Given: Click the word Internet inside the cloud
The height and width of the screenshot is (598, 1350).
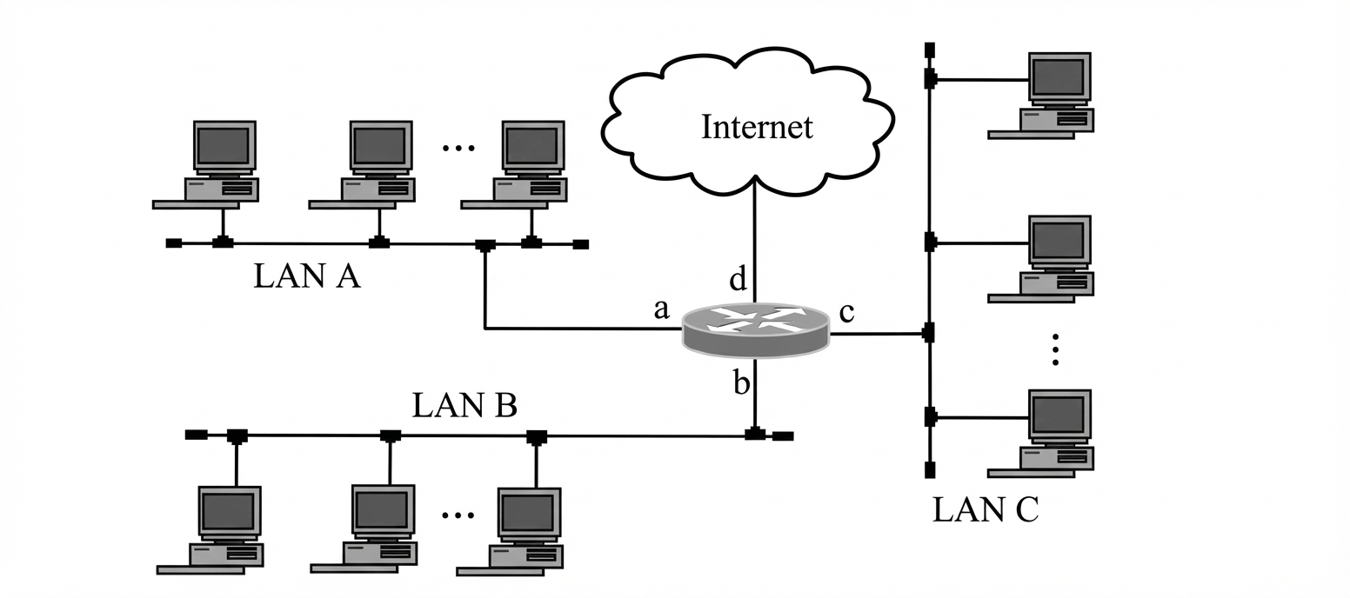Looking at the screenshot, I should click(x=757, y=127).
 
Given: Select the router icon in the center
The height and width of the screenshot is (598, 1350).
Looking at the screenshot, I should click(x=755, y=329).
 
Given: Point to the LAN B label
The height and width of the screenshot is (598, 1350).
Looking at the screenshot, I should click(x=464, y=405).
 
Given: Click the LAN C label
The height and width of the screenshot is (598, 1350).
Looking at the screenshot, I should click(x=985, y=509).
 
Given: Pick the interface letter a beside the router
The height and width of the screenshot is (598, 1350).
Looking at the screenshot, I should click(x=661, y=309).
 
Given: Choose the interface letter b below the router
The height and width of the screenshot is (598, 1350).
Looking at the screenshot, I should click(x=741, y=383).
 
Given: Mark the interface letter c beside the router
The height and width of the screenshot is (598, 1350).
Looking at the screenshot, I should click(x=846, y=311).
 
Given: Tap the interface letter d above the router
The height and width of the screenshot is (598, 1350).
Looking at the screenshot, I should click(x=738, y=279).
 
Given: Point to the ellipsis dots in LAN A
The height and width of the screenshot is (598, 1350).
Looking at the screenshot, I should click(x=458, y=148).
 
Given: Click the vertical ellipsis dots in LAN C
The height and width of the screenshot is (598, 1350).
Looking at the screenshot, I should click(x=1055, y=349).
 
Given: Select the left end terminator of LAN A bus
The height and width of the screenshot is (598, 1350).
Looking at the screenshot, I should click(x=174, y=243).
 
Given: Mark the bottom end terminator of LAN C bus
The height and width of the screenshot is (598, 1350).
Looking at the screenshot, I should click(x=930, y=470).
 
